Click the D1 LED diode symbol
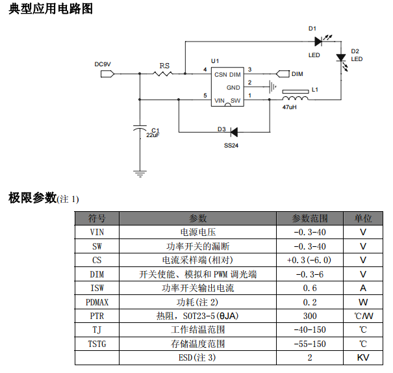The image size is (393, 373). (318, 42)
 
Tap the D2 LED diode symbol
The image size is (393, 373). (341, 58)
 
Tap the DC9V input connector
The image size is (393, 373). (107, 73)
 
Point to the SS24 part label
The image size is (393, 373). (231, 146)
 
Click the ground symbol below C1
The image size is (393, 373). (140, 174)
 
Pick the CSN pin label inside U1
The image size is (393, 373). (221, 74)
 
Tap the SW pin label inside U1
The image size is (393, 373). (236, 101)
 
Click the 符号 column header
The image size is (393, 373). (97, 218)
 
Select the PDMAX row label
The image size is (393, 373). (97, 302)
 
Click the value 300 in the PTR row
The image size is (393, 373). (310, 316)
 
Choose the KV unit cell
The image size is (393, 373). (363, 357)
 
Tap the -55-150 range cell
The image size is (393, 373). (310, 344)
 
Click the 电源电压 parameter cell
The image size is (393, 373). (197, 232)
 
